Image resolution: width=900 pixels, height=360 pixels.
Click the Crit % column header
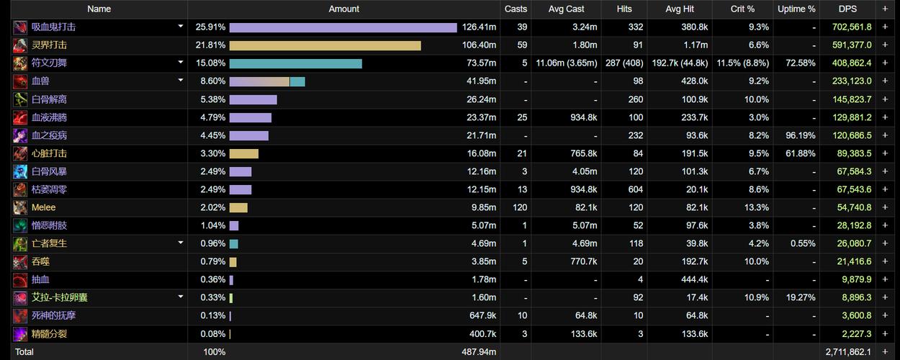[x=742, y=9]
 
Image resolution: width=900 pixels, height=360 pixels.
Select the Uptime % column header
[x=796, y=9]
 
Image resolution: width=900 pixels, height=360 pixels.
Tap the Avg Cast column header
[x=566, y=9]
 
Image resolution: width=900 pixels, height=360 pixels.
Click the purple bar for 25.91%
[x=343, y=27]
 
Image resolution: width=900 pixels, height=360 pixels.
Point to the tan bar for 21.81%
[x=325, y=45]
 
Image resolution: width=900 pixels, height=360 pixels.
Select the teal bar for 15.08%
[x=296, y=63]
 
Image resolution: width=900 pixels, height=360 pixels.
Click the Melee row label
[x=43, y=207]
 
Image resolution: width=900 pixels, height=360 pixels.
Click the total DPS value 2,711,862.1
[x=848, y=352]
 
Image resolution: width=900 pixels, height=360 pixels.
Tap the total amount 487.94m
[x=479, y=352]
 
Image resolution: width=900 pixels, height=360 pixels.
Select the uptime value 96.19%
[x=801, y=135]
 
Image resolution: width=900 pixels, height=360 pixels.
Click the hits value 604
[x=636, y=189]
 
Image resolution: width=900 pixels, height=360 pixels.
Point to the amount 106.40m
[x=479, y=45]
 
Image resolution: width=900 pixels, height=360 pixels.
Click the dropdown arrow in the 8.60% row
[x=181, y=81]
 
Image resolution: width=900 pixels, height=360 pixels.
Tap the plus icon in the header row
[x=885, y=9]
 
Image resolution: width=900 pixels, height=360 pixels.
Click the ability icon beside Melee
[x=20, y=207]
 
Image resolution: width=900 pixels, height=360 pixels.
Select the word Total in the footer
[x=24, y=352]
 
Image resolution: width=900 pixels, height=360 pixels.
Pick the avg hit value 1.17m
[x=696, y=45]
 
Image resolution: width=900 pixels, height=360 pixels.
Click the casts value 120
[x=520, y=207]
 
